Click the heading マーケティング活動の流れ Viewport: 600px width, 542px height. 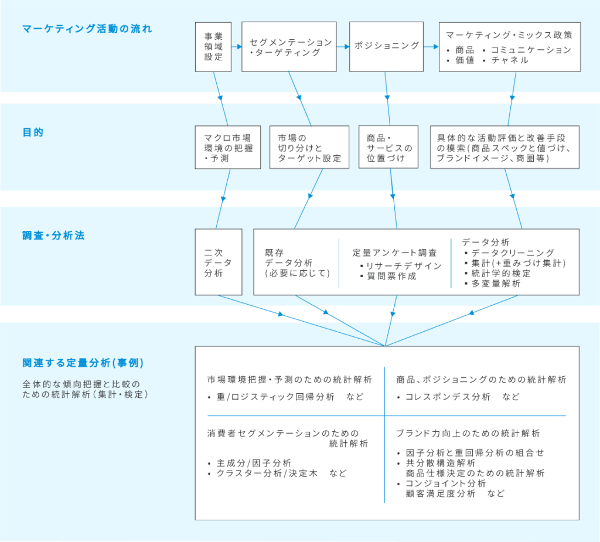pos(87,29)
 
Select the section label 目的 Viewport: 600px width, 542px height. pos(33,132)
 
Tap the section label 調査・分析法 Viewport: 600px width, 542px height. pos(53,236)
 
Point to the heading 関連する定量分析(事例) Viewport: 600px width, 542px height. pos(83,363)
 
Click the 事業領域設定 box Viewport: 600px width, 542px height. pos(213,47)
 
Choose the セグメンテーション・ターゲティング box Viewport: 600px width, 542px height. pos(289,47)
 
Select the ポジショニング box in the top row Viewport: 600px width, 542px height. pos(386,47)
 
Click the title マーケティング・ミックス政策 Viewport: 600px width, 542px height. pos(509,35)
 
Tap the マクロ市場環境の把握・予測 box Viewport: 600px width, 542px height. pos(228,148)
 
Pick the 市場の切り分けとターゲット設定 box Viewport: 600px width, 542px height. pos(309,148)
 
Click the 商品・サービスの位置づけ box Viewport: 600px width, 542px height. pos(388,148)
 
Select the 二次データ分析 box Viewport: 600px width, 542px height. pos(219,262)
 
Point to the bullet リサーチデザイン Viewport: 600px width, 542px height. pos(401,266)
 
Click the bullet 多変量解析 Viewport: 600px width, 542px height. pos(492,284)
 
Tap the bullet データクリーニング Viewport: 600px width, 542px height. pos(509,253)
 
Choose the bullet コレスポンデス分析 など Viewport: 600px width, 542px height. pos(458,397)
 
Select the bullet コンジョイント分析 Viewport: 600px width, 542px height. pos(441,483)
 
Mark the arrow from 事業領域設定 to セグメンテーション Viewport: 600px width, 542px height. pos(237,47)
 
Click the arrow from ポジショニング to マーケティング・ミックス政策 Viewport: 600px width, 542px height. pos(431,47)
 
